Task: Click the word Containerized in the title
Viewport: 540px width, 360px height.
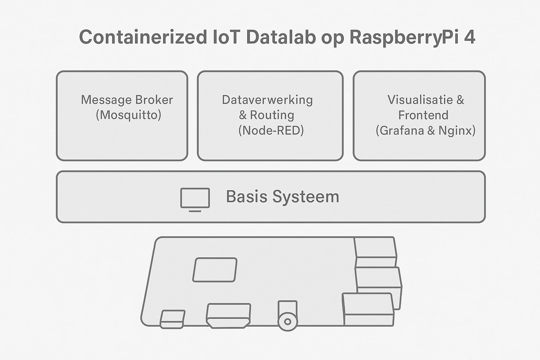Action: (x=143, y=37)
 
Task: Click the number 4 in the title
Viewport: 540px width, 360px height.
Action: (x=470, y=37)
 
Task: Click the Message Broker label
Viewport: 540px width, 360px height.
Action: (x=127, y=100)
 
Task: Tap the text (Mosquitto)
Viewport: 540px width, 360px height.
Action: (x=128, y=115)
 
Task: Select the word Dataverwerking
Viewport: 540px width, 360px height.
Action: (x=267, y=100)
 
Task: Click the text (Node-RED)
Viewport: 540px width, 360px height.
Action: (x=271, y=130)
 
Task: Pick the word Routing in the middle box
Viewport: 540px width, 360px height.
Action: (x=272, y=115)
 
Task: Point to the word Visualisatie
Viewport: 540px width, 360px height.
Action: (x=420, y=100)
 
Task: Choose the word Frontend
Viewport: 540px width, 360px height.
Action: (x=423, y=115)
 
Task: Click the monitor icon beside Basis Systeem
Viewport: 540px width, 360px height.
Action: (x=195, y=199)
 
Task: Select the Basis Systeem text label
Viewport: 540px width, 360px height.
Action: (x=282, y=197)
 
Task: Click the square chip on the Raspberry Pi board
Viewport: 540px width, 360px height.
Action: (x=215, y=270)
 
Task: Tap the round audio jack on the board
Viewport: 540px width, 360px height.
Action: (x=288, y=321)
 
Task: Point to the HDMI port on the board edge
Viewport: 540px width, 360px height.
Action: (x=229, y=315)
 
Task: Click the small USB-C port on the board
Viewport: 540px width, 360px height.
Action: (x=172, y=319)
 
